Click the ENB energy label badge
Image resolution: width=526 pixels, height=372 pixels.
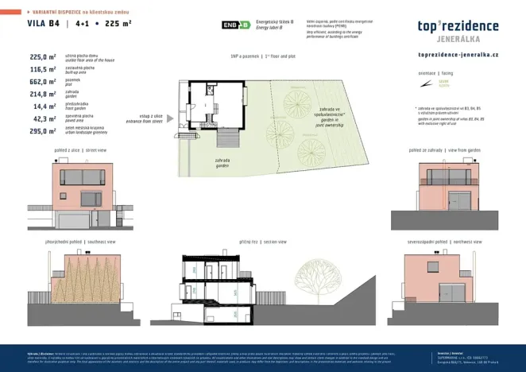235,25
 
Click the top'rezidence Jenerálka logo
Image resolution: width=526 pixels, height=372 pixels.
458,30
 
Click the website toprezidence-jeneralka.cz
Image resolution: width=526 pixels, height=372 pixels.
458,55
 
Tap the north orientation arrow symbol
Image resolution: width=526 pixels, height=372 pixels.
443,83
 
